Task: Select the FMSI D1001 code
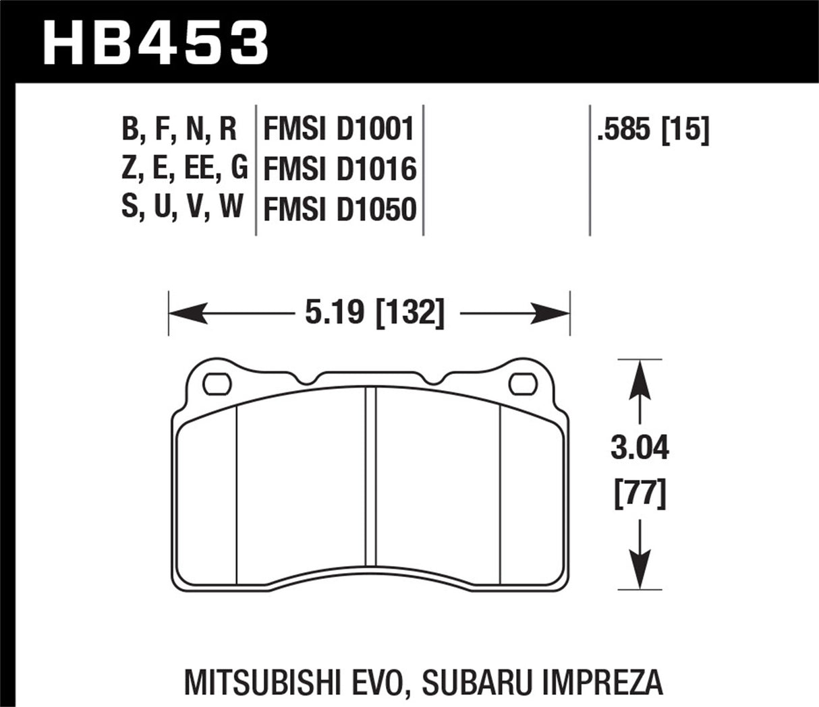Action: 338,129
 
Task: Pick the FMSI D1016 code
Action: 338,169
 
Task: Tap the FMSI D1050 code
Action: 338,210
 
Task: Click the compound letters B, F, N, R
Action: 179,129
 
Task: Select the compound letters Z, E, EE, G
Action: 184,168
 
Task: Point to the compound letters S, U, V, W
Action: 182,207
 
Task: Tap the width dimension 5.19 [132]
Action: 374,313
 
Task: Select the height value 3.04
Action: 639,448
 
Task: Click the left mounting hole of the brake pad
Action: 217,383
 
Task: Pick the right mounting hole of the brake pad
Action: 522,383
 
